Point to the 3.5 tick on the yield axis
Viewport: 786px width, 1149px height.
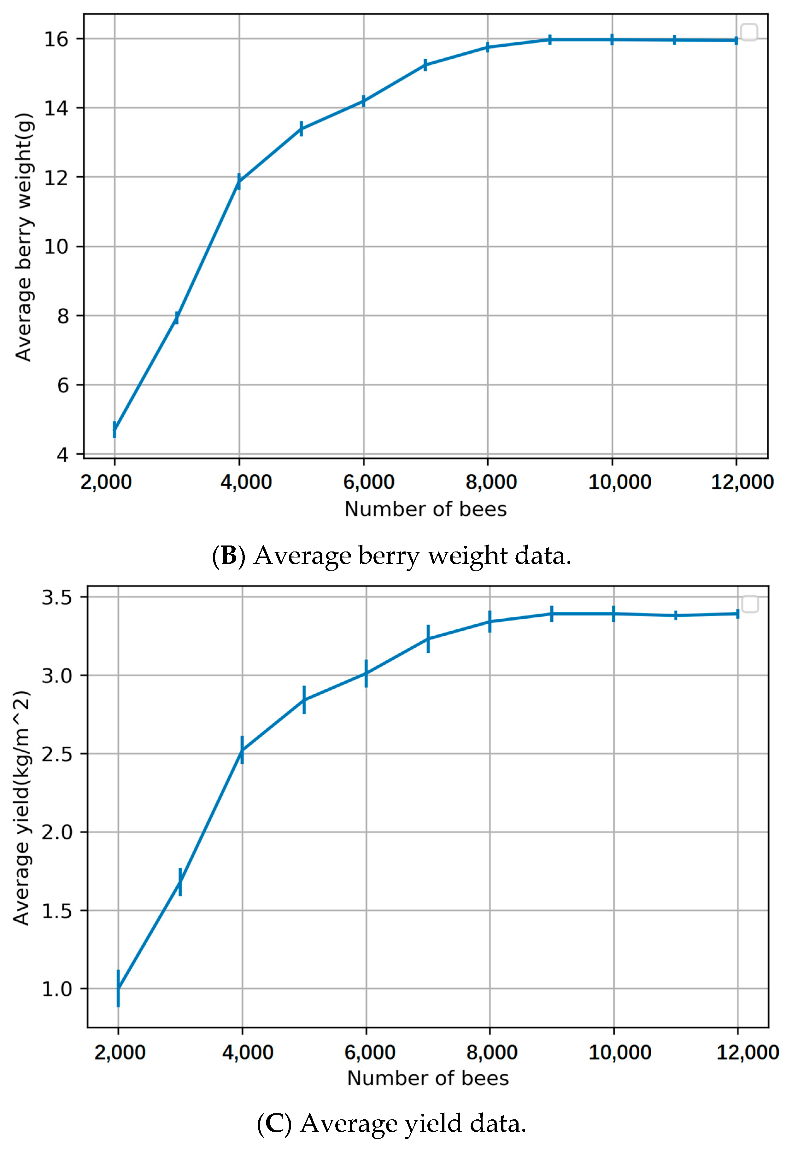pos(56,597)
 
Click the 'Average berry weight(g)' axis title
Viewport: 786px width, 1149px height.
pos(23,237)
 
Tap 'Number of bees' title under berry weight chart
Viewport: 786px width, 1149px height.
pos(425,509)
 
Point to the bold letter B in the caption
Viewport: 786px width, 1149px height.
pos(229,556)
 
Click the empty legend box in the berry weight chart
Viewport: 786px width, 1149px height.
pos(749,32)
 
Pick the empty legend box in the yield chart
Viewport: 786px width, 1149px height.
pos(750,604)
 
